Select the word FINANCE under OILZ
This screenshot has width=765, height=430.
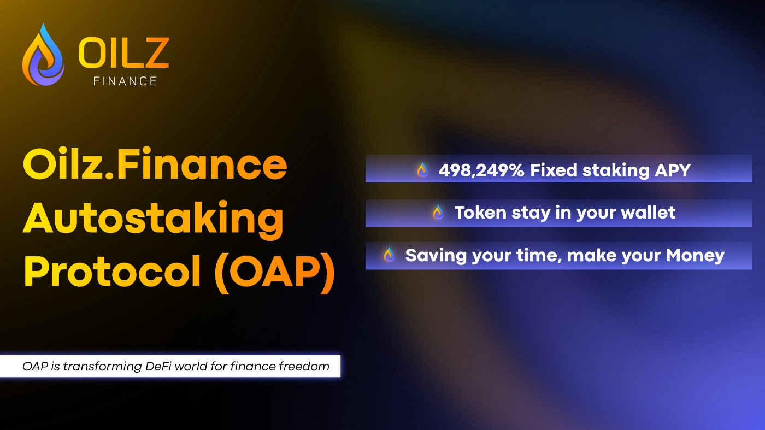click(x=125, y=81)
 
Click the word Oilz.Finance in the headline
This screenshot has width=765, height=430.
click(x=155, y=163)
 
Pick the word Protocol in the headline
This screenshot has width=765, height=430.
click(x=113, y=271)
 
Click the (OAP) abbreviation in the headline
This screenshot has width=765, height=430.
click(x=274, y=273)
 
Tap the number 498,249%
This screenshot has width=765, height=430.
click(x=481, y=170)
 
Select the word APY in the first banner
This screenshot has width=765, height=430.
click(x=673, y=170)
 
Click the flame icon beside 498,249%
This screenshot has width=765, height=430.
click(x=422, y=170)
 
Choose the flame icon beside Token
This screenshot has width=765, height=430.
click(x=438, y=213)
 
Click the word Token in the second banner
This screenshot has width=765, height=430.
click(x=480, y=213)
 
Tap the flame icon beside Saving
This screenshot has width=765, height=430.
click(x=389, y=255)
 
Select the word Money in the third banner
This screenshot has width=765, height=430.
click(x=695, y=256)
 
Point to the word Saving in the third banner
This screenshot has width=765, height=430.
click(x=436, y=256)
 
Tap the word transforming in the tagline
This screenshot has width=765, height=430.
click(x=103, y=367)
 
